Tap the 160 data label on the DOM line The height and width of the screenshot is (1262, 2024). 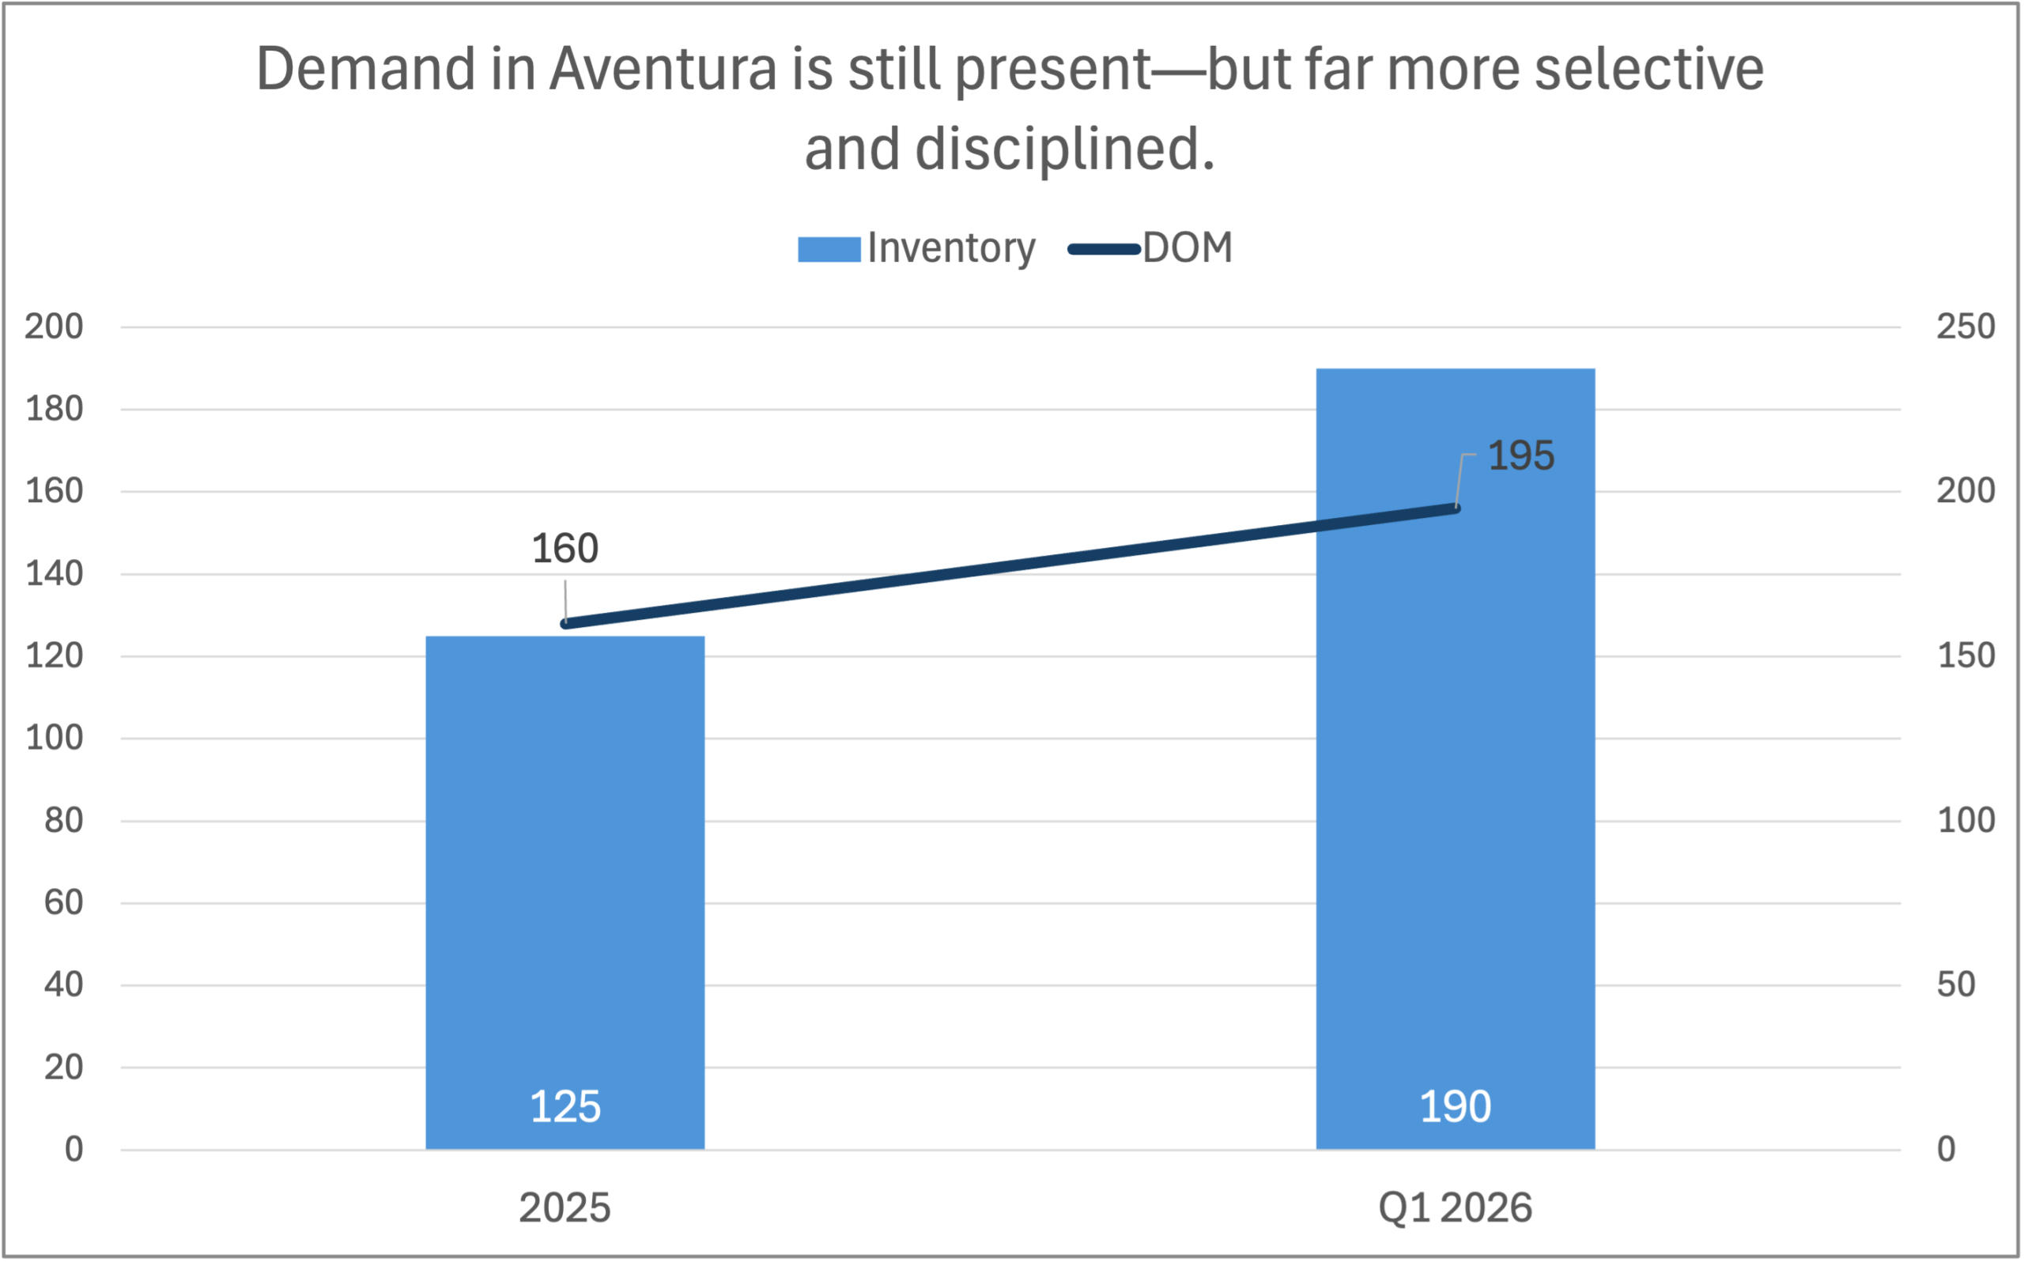click(x=565, y=549)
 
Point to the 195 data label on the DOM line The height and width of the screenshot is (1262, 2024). click(x=1521, y=455)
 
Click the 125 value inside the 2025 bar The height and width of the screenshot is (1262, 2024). click(x=565, y=1107)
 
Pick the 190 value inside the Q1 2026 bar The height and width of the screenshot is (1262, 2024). click(x=1455, y=1107)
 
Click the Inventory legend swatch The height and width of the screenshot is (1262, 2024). click(x=829, y=249)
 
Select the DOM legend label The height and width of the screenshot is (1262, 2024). click(x=1187, y=248)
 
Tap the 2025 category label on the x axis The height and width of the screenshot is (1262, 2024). click(x=565, y=1207)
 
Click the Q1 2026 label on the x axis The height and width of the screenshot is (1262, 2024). click(x=1455, y=1207)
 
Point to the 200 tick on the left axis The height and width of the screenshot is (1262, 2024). click(x=55, y=327)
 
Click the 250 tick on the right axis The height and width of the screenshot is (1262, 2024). click(x=1965, y=327)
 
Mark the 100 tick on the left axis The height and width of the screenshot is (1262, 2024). click(x=55, y=738)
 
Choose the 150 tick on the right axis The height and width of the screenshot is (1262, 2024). click(x=1965, y=656)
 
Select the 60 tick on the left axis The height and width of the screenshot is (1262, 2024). click(x=63, y=902)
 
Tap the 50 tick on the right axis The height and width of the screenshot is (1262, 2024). click(x=1955, y=985)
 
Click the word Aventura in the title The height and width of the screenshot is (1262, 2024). click(x=663, y=69)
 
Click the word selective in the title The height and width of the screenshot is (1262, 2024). click(x=1648, y=69)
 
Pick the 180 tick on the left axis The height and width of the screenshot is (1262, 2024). click(x=55, y=409)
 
